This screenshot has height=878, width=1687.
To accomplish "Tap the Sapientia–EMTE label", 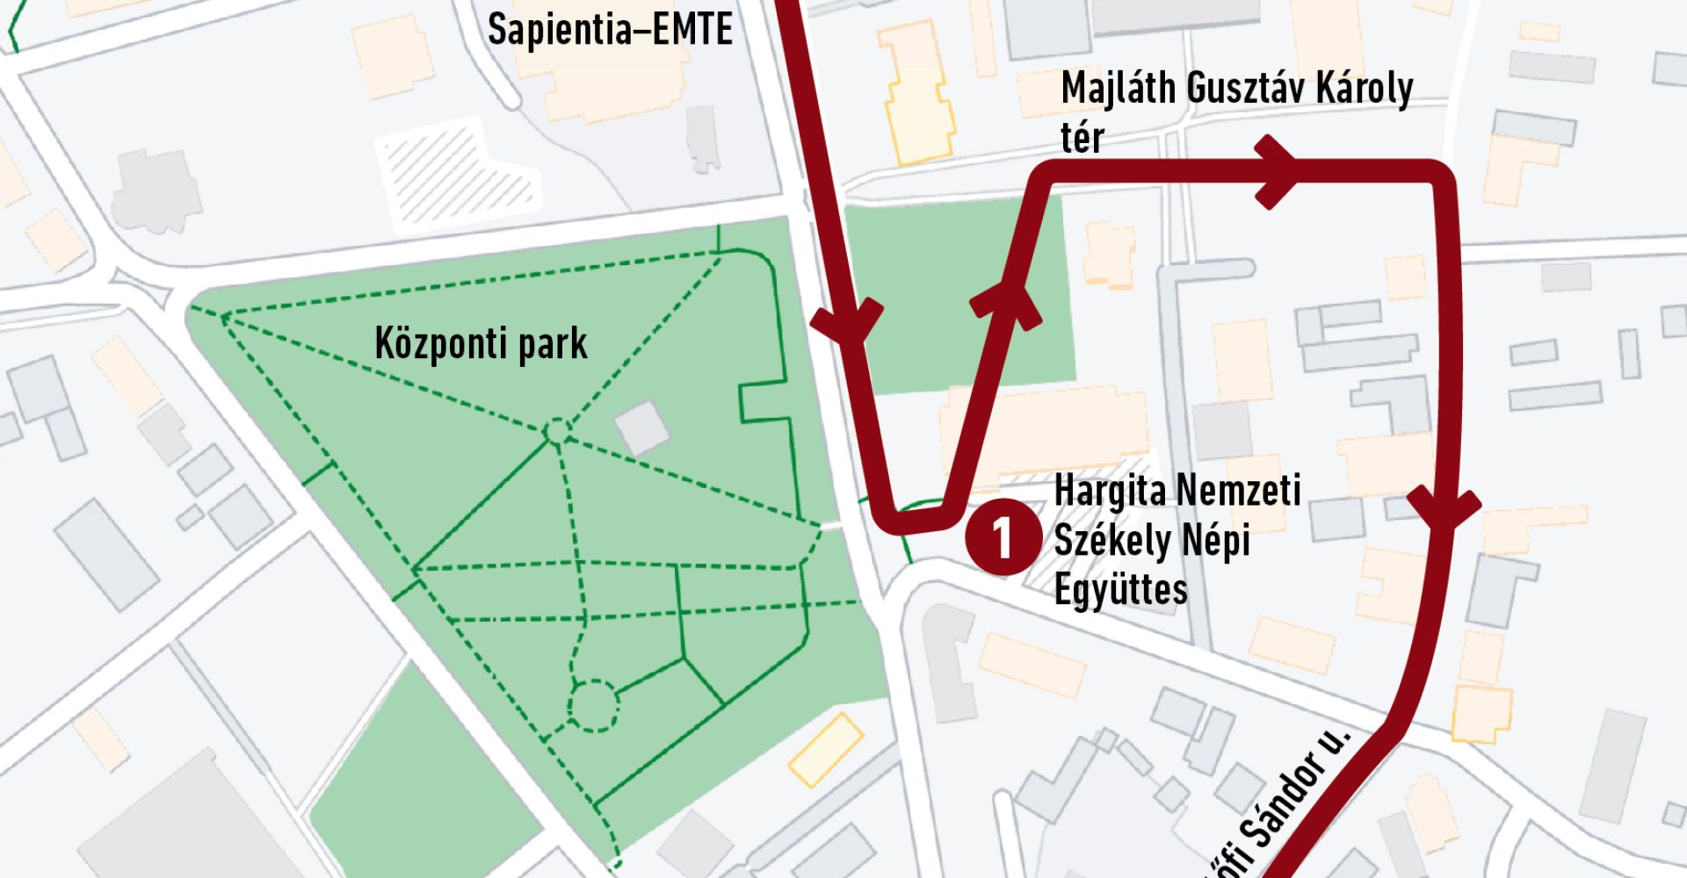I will [610, 30].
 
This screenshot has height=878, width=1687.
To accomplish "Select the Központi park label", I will [481, 344].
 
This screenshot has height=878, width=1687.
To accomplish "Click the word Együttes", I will [1120, 590].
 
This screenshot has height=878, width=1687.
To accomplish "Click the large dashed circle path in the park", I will [593, 706].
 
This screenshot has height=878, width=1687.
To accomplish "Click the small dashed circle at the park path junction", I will [556, 432].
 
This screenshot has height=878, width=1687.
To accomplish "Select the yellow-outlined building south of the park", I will [825, 749].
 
